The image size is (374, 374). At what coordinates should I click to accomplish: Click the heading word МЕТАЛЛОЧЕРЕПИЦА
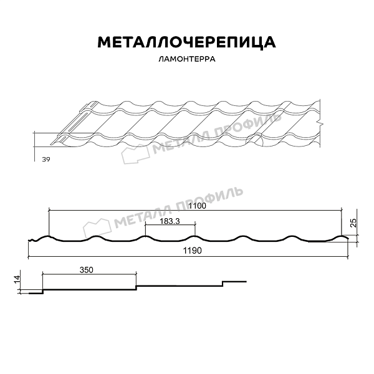coord(186,42)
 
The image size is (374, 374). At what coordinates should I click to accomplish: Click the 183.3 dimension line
coord(170,228)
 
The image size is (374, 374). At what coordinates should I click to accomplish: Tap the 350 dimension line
coord(89,275)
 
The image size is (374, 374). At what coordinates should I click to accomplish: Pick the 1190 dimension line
coord(187,257)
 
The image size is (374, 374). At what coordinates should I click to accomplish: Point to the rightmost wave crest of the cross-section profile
coord(342,236)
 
